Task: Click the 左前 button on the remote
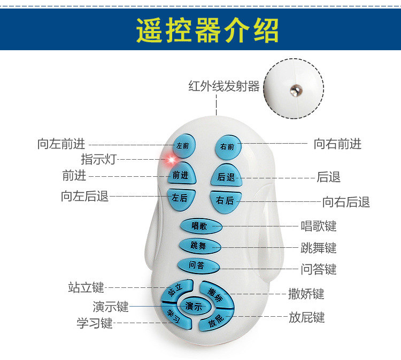coord(184,145)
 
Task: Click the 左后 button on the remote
coord(180,198)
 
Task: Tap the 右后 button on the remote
coord(225,200)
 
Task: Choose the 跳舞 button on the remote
coord(198,246)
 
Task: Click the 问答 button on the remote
coord(197,265)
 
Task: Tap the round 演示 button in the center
coord(194,306)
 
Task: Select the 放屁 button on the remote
coord(217,320)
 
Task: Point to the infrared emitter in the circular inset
coord(293,90)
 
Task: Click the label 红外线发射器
coord(224,86)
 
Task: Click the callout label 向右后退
coord(346,202)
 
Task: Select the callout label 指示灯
coord(98,159)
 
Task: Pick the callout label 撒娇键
coord(306,294)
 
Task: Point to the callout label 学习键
coord(95,323)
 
